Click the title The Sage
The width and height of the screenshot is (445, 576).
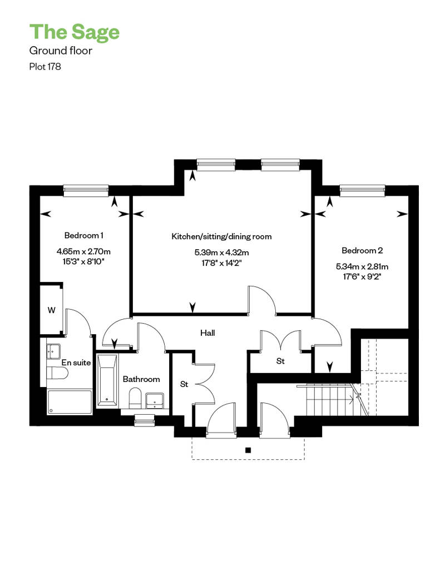[x=75, y=32]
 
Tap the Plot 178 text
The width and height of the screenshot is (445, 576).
[x=45, y=67]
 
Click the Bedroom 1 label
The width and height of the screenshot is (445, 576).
[x=84, y=235]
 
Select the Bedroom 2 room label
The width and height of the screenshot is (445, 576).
[x=362, y=251]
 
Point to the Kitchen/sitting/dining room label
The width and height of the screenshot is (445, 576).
[x=221, y=237]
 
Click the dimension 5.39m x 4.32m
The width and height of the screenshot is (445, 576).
[x=221, y=252]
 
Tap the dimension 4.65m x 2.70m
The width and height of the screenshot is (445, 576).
[x=84, y=252]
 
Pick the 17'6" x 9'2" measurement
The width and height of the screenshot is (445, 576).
[x=362, y=277]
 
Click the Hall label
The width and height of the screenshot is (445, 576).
[x=207, y=333]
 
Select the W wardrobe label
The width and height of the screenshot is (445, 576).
[x=51, y=310]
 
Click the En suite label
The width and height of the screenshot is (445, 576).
[x=76, y=363]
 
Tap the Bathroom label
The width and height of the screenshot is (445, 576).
[x=141, y=379]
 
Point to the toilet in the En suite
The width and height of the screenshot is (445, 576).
[x=57, y=373]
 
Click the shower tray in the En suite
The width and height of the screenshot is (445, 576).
[x=69, y=402]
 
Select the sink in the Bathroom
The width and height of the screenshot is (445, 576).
[x=155, y=400]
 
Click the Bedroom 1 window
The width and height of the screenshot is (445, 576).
[x=86, y=190]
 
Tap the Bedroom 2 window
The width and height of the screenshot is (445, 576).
[x=362, y=190]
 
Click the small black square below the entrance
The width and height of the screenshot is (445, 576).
[x=248, y=450]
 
